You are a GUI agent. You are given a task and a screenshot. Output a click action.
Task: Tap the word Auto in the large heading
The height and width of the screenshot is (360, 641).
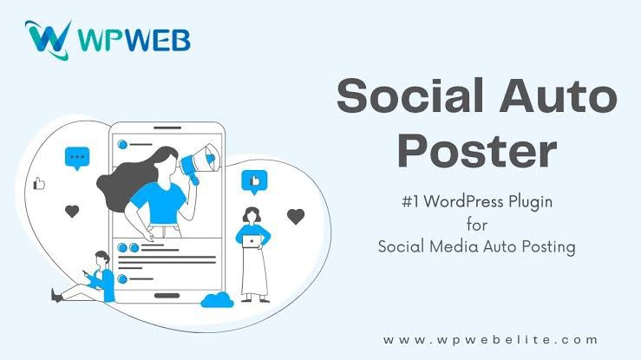[559, 95]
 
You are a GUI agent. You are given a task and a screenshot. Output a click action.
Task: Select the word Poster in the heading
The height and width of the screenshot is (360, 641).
[477, 150]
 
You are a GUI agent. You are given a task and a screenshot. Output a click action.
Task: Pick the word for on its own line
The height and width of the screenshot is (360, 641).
[477, 224]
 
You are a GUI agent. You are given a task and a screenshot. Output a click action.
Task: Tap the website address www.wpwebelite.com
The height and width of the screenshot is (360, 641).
[490, 340]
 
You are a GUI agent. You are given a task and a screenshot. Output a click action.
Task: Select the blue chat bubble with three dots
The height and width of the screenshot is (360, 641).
[77, 158]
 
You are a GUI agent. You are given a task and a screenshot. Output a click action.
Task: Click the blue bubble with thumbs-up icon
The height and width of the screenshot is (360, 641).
[254, 182]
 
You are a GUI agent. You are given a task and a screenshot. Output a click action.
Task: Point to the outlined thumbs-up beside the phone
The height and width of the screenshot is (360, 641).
[39, 184]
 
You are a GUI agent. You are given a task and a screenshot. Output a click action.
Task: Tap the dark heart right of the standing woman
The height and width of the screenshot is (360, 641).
[296, 216]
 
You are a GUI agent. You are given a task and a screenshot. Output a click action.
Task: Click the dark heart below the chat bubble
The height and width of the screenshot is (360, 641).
[72, 212]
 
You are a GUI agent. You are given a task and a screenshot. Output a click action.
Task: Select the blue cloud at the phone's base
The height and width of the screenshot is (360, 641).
[217, 300]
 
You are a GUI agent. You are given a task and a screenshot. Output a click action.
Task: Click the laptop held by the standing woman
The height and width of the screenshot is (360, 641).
[252, 241]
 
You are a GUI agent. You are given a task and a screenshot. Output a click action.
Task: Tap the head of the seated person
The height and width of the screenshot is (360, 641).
[102, 259]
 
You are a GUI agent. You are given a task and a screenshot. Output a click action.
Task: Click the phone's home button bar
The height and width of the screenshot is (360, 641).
[167, 296]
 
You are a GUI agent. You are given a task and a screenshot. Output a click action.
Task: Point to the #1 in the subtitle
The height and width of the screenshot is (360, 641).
[410, 202]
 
